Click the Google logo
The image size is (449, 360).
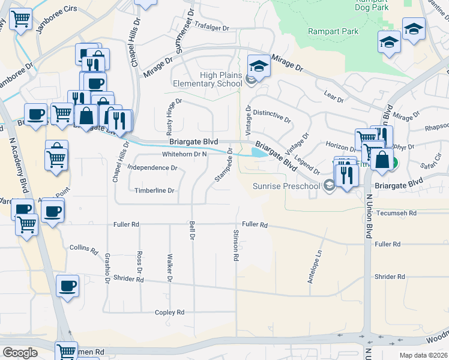click(20, 352)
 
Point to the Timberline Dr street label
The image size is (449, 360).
click(154, 191)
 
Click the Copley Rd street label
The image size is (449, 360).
click(169, 313)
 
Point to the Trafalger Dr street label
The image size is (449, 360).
click(210, 28)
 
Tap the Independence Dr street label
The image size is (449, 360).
click(152, 168)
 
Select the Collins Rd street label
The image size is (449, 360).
click(83, 248)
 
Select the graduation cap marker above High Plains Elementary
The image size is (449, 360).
click(259, 65)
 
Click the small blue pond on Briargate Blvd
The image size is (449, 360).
click(259, 153)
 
